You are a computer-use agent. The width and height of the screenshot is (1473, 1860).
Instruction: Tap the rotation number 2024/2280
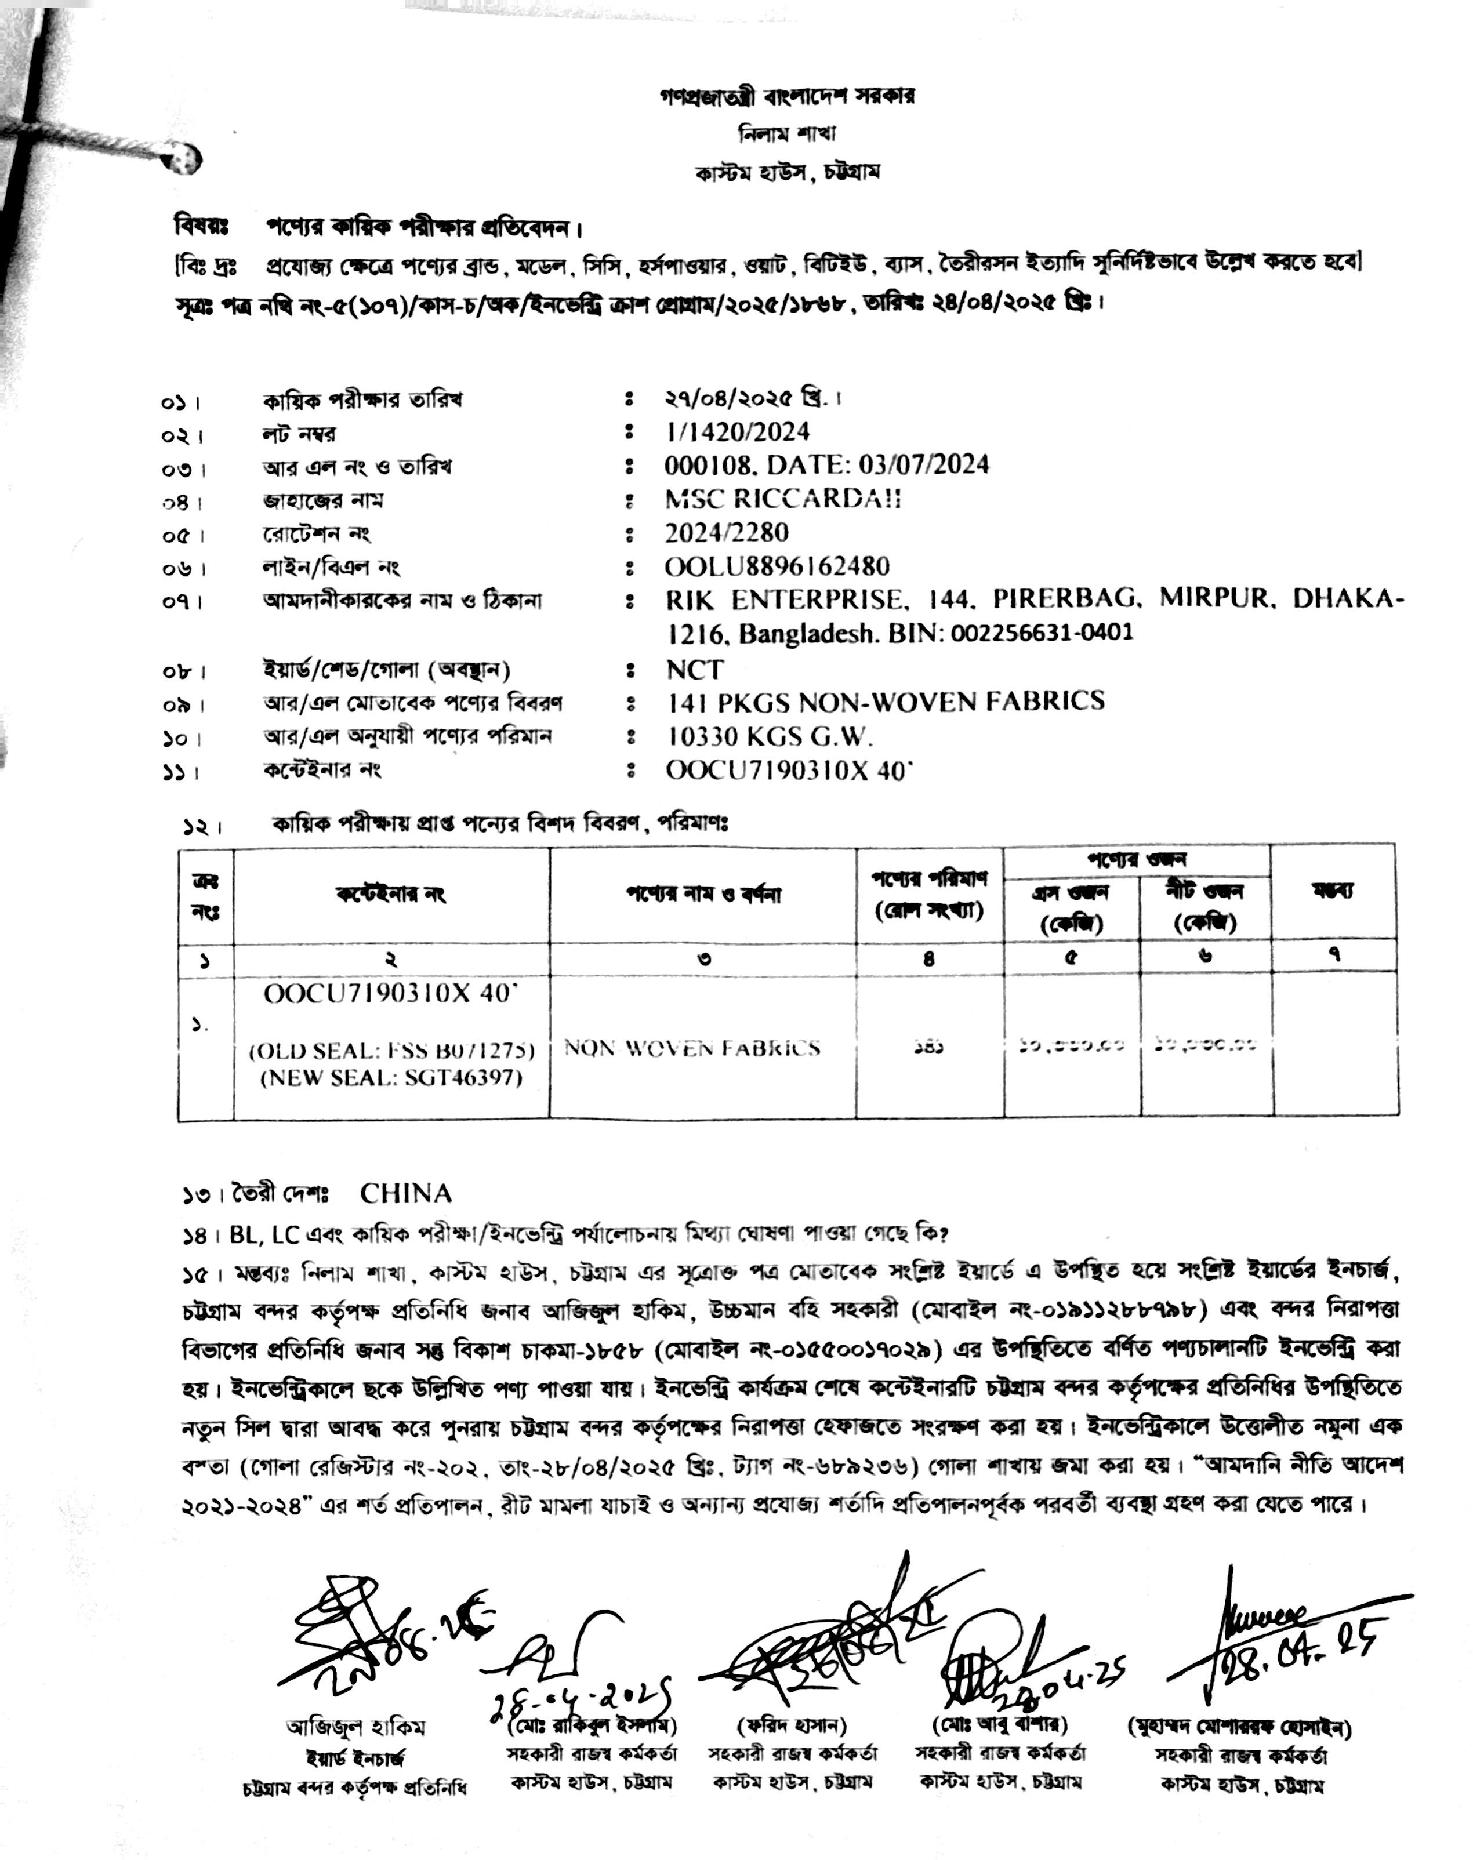coord(726,533)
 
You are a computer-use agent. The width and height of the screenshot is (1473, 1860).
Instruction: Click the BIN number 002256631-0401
coord(1042,633)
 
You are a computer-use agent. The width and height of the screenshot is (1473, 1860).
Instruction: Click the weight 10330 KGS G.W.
coord(770,736)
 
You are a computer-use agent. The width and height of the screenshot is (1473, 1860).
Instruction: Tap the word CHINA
coord(405,1193)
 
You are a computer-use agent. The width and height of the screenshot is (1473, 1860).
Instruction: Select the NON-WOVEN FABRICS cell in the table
coord(692,1048)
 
